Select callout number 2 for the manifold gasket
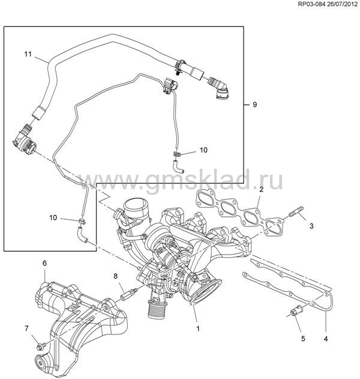click(x=262, y=189)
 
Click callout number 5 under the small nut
click(x=303, y=339)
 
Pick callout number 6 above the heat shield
click(x=44, y=263)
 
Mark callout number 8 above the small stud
click(x=115, y=275)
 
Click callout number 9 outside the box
click(x=254, y=105)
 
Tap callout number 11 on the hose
click(x=28, y=55)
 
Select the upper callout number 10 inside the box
click(x=203, y=150)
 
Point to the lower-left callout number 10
click(x=53, y=218)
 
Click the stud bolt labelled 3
click(x=296, y=213)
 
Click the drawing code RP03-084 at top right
click(x=298, y=5)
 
